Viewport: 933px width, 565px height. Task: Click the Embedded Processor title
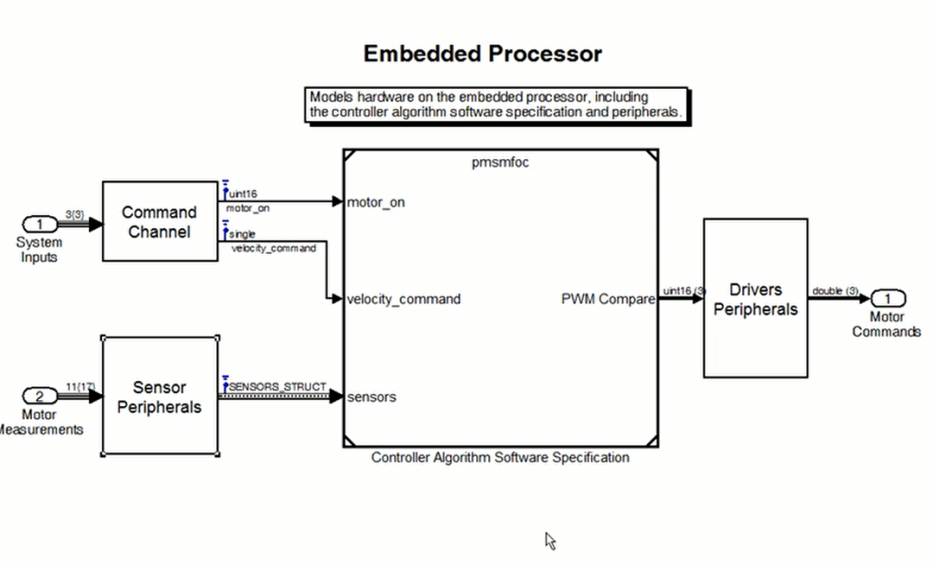point(482,54)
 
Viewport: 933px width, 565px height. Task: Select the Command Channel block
point(159,221)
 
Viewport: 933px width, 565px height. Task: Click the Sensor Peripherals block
point(159,397)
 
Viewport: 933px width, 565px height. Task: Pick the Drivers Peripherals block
point(755,298)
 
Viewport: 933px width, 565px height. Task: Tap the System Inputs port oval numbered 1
point(39,225)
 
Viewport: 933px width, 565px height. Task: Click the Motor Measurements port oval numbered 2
point(39,397)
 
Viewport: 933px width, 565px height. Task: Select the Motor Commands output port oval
point(887,299)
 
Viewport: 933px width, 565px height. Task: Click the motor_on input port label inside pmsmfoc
point(376,202)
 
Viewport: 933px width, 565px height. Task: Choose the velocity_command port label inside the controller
point(403,299)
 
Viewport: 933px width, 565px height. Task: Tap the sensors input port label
point(371,397)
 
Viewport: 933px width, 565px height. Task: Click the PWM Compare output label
point(608,299)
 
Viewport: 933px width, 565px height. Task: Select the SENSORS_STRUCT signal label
point(277,386)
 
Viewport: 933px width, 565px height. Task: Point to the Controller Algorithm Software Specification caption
point(500,457)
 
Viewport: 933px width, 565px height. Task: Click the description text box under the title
point(496,105)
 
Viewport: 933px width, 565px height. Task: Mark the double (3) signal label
point(835,290)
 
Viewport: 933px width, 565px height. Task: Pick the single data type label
point(242,234)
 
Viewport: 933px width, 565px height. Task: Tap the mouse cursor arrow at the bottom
point(549,541)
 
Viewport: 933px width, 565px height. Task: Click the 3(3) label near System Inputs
point(74,213)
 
